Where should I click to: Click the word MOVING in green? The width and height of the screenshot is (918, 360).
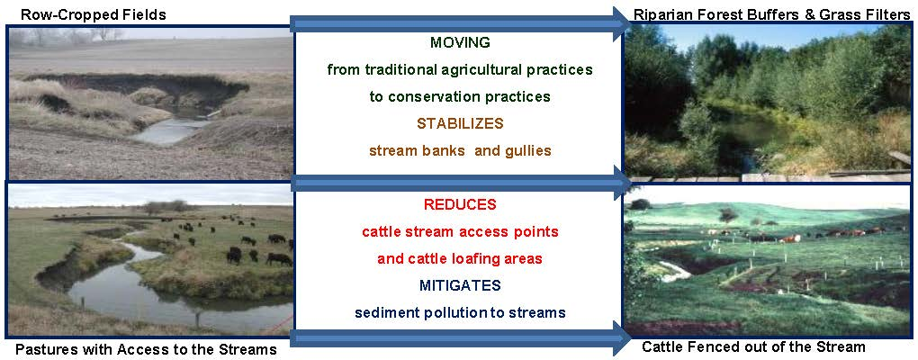tap(460, 42)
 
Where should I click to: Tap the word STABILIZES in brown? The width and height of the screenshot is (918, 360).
tap(460, 123)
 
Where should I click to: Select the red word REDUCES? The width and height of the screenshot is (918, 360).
tap(460, 204)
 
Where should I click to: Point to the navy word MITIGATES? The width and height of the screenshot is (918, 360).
tap(460, 285)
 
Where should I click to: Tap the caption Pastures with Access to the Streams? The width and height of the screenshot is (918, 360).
tap(146, 349)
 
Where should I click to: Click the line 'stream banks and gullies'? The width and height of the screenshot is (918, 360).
tap(460, 150)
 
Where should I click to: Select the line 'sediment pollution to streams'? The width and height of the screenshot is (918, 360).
tap(460, 312)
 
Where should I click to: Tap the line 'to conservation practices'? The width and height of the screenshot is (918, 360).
tap(460, 96)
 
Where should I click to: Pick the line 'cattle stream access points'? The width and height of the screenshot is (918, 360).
tap(460, 232)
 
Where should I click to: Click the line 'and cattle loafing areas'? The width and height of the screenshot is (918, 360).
tap(460, 258)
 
